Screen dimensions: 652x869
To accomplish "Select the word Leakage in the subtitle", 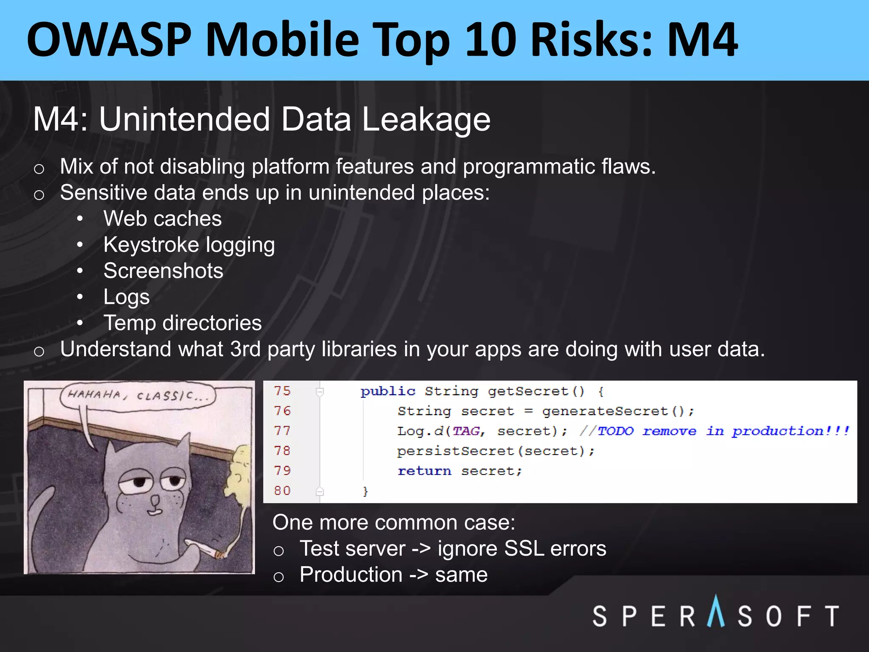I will (426, 119).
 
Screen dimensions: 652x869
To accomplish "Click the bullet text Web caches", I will (163, 219).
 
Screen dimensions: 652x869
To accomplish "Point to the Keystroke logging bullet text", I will (189, 245).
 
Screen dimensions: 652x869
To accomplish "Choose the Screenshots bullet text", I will (163, 271).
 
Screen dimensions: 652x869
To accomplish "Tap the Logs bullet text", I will (126, 297).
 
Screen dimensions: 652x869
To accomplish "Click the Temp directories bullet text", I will (182, 323).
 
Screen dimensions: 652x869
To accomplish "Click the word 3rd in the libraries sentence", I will (245, 349).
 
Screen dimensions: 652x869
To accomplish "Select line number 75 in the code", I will (282, 391).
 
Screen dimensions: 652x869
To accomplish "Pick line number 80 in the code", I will (282, 491).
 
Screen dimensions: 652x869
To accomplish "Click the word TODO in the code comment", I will (615, 431).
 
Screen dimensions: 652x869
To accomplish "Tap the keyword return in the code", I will (424, 471).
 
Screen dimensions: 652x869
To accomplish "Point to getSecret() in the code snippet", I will (536, 391).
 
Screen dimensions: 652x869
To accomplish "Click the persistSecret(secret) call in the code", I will (495, 451).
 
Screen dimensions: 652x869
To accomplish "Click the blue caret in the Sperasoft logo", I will (716, 611).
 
